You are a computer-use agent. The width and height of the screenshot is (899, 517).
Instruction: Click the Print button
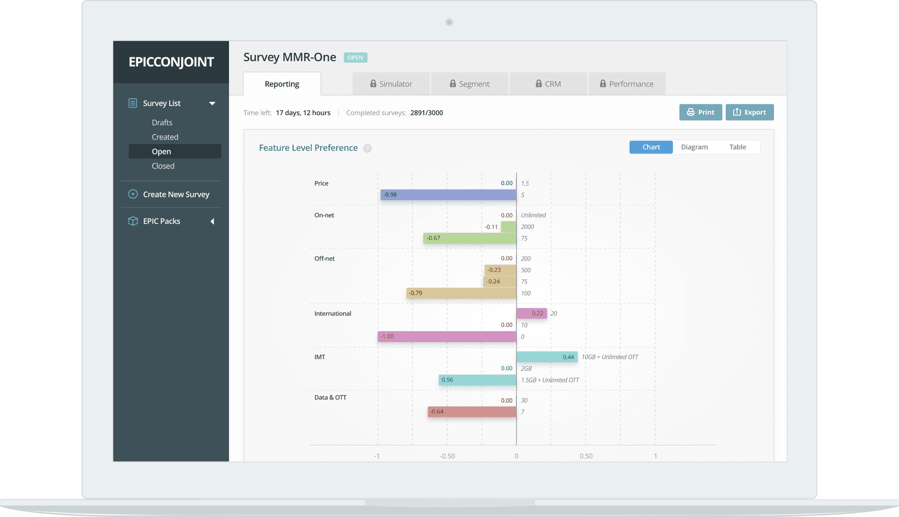(x=700, y=112)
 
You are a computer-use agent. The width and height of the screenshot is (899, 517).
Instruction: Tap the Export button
(x=749, y=112)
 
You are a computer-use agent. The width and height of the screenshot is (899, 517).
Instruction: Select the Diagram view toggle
(x=694, y=147)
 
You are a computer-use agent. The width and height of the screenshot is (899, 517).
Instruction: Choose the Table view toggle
(x=737, y=147)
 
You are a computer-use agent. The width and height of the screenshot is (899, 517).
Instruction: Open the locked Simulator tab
(x=391, y=84)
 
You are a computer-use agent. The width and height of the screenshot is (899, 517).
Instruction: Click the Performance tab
(x=626, y=84)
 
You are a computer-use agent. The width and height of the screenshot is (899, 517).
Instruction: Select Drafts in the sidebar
(x=162, y=123)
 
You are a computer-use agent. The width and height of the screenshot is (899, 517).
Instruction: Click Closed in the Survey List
(x=163, y=166)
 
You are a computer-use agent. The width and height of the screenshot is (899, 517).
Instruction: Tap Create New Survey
(x=176, y=194)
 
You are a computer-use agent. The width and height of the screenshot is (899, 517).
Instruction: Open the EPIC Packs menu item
(x=162, y=221)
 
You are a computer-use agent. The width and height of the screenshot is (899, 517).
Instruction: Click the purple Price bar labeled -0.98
(x=448, y=195)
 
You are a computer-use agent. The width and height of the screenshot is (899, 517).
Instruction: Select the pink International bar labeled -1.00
(x=447, y=336)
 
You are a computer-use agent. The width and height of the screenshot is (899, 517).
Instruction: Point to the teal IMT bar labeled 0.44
(x=546, y=357)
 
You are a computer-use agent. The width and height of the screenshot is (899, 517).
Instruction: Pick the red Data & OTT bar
(x=472, y=412)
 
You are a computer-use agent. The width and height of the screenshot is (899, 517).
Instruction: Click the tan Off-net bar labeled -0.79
(x=461, y=293)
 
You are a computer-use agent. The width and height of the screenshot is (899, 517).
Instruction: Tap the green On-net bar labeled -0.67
(x=470, y=238)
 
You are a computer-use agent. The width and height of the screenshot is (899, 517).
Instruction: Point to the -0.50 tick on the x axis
(x=447, y=456)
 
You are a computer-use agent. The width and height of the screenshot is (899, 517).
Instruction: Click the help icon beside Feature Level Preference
(x=368, y=148)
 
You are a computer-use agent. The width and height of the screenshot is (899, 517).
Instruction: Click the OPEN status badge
(x=355, y=58)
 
